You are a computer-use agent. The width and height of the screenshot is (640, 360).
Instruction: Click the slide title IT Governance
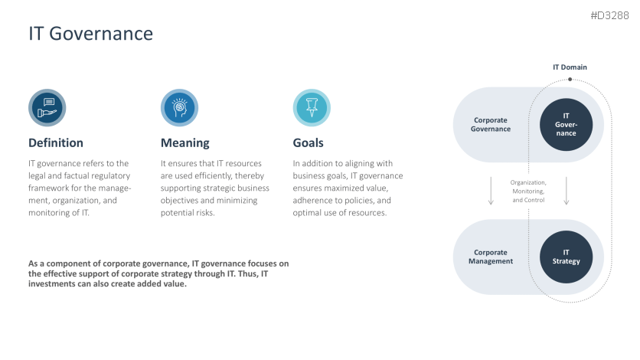click(x=90, y=34)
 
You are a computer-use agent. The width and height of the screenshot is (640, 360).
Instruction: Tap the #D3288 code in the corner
click(x=611, y=15)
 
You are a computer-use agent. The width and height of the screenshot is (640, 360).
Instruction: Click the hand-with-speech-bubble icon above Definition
click(x=47, y=107)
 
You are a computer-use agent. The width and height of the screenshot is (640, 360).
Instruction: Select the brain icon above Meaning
click(x=179, y=107)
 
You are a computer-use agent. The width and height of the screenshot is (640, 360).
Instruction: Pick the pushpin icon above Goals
click(x=312, y=107)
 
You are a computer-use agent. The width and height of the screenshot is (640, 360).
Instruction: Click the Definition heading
click(x=56, y=142)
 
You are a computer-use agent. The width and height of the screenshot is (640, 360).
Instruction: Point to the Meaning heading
click(x=184, y=142)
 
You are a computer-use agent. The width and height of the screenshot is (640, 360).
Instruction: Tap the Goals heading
click(x=308, y=142)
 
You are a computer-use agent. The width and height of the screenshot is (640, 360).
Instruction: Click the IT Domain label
click(x=570, y=67)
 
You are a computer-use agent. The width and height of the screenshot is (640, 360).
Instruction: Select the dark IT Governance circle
click(x=566, y=124)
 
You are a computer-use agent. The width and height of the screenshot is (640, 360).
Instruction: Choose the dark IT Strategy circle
click(x=566, y=257)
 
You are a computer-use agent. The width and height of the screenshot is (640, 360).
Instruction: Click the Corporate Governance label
click(x=491, y=124)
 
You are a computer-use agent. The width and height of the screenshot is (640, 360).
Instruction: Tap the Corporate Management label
click(x=491, y=257)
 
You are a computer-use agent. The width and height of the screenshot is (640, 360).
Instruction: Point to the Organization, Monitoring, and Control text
click(x=528, y=191)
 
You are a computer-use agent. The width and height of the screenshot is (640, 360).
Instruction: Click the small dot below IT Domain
click(x=570, y=79)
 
